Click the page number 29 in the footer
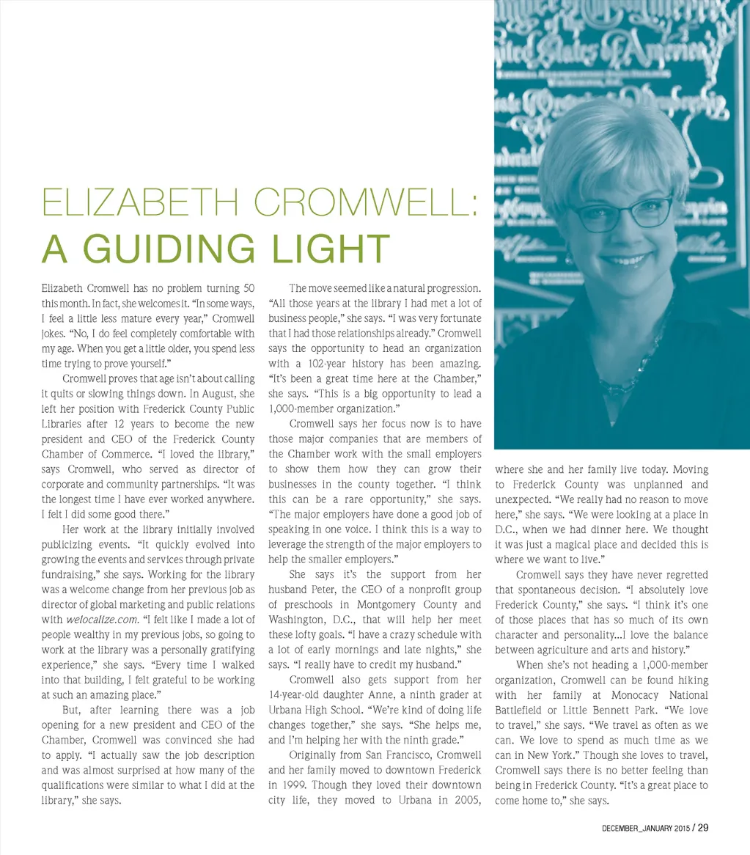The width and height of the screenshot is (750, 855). point(702,829)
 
